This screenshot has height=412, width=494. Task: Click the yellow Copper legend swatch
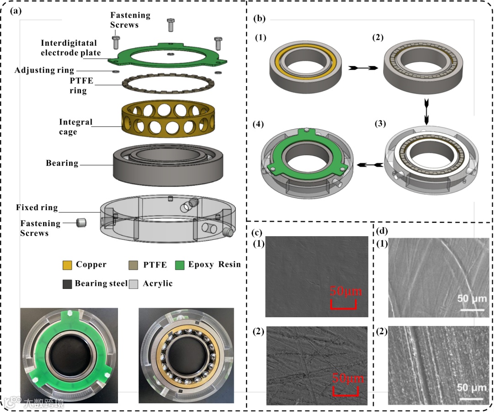tap(67, 265)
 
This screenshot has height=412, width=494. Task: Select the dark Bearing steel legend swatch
tap(67, 284)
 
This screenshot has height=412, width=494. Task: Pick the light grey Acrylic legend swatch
tap(134, 284)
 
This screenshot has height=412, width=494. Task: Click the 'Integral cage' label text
tap(75, 127)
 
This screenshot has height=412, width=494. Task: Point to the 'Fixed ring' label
tap(37, 208)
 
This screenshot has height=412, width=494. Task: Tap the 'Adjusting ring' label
tap(44, 70)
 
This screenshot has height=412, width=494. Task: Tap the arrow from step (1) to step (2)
tap(362, 68)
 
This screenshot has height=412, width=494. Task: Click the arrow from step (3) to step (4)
tap(370, 165)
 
